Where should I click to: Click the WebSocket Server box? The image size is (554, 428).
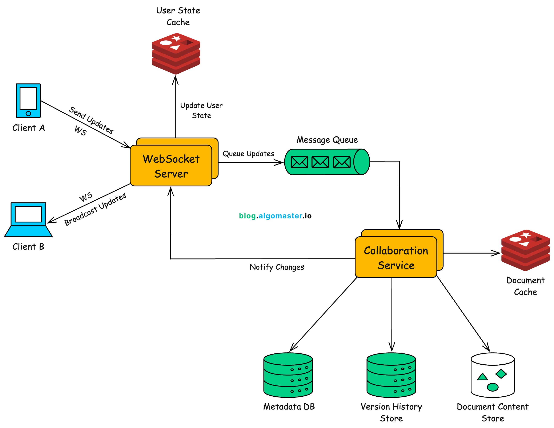pos(171,166)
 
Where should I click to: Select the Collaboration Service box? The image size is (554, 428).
pos(396,257)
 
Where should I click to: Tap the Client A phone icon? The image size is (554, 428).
pos(28,100)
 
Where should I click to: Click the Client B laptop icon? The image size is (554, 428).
pos(28,220)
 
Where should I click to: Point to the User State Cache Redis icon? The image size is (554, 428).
pos(176,53)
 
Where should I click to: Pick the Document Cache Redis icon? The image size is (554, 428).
pos(525,250)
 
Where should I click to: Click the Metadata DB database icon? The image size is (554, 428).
pos(288,375)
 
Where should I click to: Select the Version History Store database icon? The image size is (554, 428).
pos(391,375)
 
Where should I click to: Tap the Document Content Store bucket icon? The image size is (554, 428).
pos(492,375)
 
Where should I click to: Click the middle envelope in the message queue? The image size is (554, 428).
pos(320,162)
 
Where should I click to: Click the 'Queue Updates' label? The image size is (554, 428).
pos(248,154)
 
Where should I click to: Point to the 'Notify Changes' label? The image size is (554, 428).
pos(277,267)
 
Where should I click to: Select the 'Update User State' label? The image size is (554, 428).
pos(201,110)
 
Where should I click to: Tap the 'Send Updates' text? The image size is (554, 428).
pos(91,120)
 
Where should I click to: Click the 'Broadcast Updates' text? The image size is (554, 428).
pos(95,209)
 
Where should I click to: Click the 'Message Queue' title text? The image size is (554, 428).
pos(327,140)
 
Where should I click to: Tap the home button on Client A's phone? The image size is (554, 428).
pos(28,114)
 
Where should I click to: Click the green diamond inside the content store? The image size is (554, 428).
pos(501,373)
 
